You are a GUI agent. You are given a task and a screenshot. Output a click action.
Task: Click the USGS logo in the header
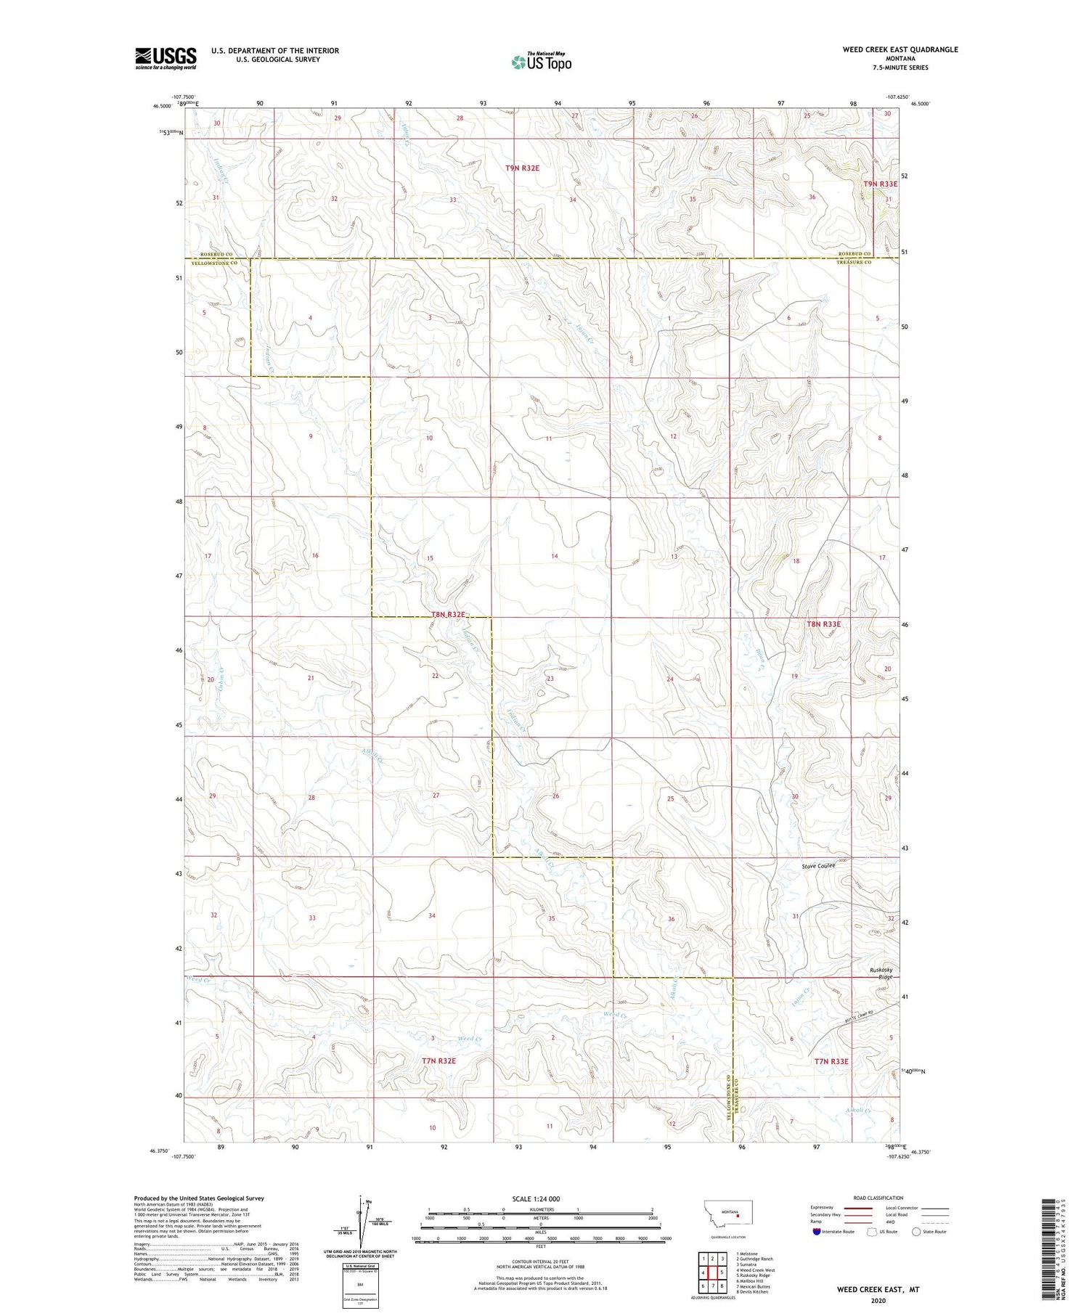pos(166,58)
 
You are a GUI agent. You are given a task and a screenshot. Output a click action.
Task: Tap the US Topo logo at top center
pos(542,62)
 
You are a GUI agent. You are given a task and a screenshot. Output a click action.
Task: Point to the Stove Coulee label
pos(818,866)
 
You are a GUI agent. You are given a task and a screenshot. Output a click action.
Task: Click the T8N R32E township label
pos(448,614)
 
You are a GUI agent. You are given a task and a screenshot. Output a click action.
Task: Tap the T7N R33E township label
pos(831,1061)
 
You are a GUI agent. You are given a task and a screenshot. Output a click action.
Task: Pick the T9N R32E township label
pos(522,168)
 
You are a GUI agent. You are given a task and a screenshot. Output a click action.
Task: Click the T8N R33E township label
pos(823,624)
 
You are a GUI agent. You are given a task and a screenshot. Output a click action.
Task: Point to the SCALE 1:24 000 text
pos(540,1198)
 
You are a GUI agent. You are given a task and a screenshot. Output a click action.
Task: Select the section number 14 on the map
pos(555,556)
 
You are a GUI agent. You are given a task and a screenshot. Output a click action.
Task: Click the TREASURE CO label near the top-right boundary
pos(853,262)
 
